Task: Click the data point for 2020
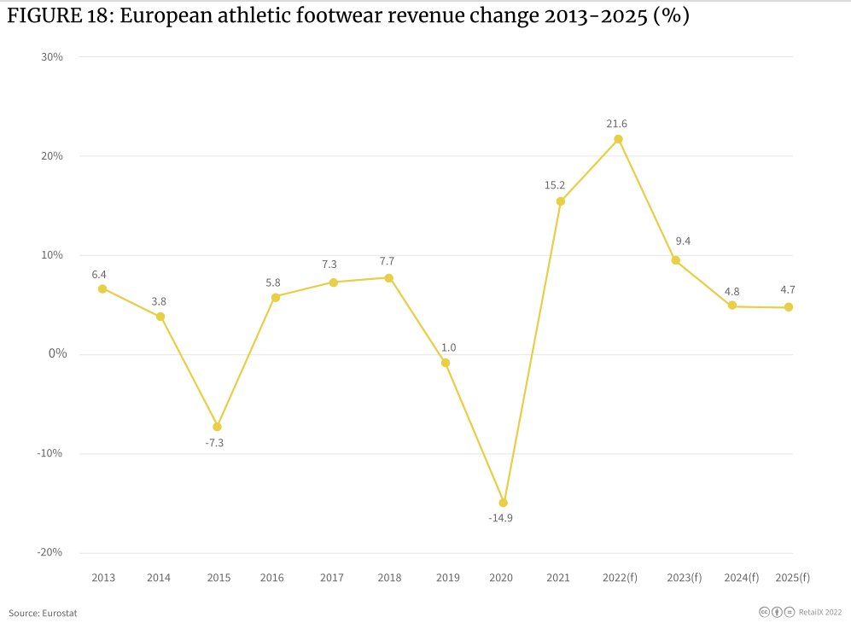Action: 503,503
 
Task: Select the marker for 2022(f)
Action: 618,139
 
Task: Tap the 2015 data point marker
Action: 217,427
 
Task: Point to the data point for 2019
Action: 446,363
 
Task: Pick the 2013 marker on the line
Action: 102,288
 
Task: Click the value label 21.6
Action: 616,124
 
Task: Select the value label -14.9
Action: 501,518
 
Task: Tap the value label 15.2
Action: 555,185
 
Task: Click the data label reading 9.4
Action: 682,242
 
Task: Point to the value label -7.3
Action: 214,443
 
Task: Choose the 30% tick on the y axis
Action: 51,57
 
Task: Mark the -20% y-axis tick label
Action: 50,552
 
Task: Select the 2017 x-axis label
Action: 332,578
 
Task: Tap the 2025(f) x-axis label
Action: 792,578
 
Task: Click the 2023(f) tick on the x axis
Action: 685,578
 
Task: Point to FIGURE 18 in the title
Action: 58,17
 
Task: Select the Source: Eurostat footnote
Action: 43,613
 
